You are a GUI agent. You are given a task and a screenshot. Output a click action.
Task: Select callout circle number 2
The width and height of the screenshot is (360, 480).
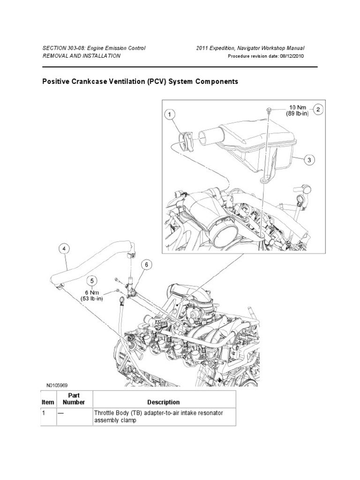point(318,110)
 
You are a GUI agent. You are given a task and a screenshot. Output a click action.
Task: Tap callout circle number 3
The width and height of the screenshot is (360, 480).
point(308,160)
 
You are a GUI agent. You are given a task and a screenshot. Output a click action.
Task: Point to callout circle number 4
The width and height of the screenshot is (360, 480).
point(65,250)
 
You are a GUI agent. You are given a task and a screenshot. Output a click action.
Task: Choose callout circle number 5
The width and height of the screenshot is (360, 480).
point(92,281)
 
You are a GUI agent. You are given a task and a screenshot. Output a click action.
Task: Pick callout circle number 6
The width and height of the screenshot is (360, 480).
point(146,265)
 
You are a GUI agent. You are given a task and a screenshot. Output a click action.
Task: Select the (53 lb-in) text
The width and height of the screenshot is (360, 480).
point(92,299)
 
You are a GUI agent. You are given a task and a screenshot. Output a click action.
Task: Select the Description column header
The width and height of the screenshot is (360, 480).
point(163,402)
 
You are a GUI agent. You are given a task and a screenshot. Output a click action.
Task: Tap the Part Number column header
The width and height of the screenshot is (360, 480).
point(74,398)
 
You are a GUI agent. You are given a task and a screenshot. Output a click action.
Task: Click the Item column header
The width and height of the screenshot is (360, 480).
point(48,402)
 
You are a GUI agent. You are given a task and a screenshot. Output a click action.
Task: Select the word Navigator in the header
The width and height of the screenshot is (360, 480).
point(252,48)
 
